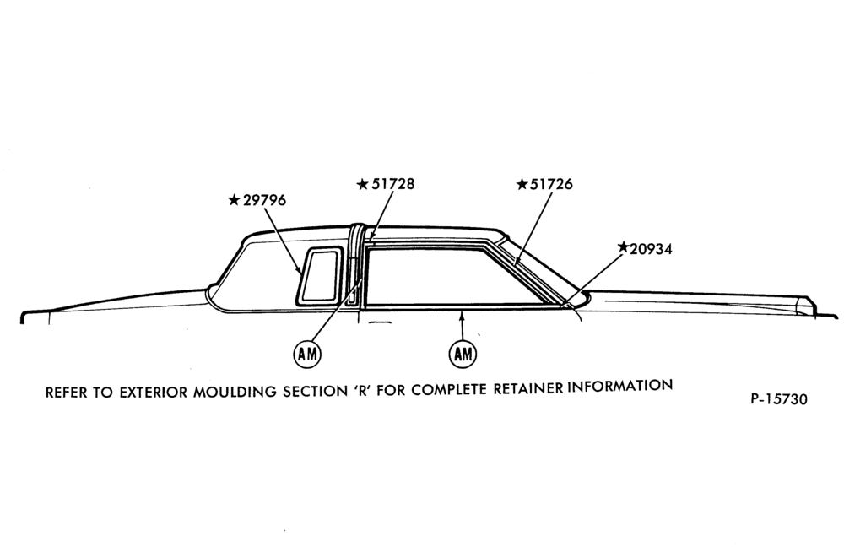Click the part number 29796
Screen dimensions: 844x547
264,200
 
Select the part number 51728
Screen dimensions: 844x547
393,184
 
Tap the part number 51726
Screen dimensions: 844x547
551,184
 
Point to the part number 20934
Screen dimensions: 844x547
651,249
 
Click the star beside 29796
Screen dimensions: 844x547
234,200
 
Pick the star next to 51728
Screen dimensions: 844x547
363,185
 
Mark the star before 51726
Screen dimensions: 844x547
522,185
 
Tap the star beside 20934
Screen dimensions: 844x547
624,247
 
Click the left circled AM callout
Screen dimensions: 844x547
307,354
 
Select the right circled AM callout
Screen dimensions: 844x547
463,354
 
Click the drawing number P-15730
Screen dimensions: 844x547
779,399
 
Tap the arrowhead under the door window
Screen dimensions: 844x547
462,315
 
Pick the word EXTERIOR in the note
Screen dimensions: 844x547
154,392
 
